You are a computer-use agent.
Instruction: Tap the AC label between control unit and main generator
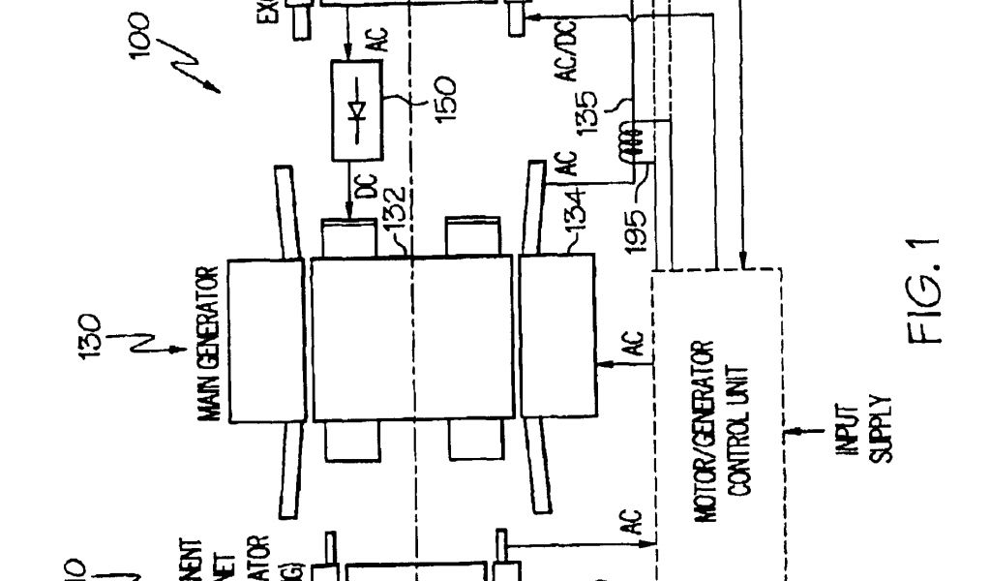(630, 343)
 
